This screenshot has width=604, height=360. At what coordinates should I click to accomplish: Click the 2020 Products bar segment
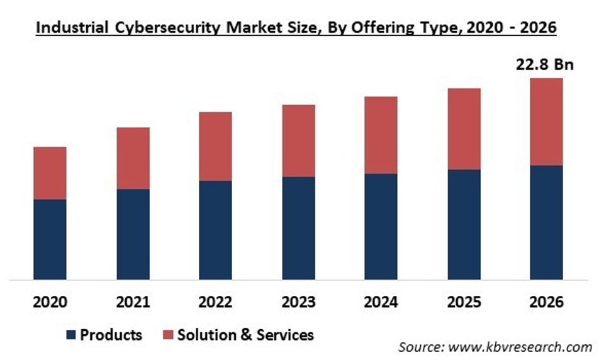[x=50, y=239]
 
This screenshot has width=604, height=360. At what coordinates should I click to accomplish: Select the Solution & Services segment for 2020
[x=50, y=173]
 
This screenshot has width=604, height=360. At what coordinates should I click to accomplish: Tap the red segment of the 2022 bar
[x=215, y=147]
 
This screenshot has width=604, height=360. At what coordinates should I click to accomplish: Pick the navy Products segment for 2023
[x=298, y=228]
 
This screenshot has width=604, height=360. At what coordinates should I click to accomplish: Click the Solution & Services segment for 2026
[x=546, y=122]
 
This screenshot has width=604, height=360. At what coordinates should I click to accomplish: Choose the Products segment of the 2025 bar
[x=464, y=224]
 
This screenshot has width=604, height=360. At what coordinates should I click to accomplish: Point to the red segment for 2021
[x=133, y=158]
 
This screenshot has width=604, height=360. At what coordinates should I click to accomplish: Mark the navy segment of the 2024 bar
[x=381, y=227]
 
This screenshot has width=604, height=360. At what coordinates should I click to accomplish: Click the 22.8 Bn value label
[x=545, y=65]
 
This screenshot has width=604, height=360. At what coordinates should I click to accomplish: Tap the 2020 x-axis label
[x=50, y=301]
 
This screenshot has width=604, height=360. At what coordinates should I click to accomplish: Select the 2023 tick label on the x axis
[x=298, y=301]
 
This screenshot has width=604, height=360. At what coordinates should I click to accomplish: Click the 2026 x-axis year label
[x=546, y=301]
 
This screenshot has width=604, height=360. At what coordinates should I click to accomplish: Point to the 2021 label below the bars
[x=133, y=301]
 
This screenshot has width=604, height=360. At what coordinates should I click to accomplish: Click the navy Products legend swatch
[x=72, y=335]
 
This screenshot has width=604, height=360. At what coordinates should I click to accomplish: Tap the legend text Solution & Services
[x=245, y=335]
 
